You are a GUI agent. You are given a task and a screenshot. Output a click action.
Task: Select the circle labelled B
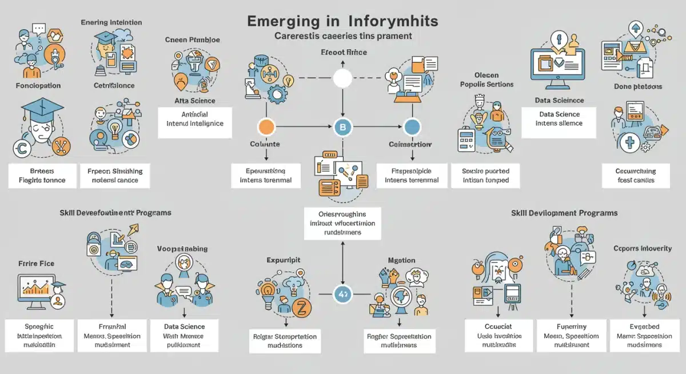click(x=342, y=127)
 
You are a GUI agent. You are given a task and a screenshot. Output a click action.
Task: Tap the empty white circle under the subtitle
click(x=342, y=78)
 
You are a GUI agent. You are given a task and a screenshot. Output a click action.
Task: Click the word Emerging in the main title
click(x=284, y=21)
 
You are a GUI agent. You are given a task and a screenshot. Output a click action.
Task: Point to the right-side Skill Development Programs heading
click(x=564, y=213)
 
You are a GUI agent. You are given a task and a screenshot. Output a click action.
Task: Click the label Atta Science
click(x=195, y=101)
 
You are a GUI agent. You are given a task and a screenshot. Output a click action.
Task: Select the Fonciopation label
click(x=39, y=86)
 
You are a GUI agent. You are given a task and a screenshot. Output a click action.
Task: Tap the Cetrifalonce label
click(x=114, y=86)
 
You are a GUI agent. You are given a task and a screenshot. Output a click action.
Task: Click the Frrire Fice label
click(x=36, y=264)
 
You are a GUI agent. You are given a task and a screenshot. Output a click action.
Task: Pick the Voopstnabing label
click(x=182, y=249)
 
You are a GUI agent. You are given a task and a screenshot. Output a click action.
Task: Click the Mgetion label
click(x=401, y=260)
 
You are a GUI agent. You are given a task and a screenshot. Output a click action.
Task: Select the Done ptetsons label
click(x=638, y=86)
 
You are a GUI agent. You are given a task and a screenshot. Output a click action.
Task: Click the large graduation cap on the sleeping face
click(x=42, y=112)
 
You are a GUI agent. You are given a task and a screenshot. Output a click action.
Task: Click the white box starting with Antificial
click(x=195, y=119)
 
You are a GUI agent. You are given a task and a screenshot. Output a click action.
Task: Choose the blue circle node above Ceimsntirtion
click(x=412, y=127)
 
